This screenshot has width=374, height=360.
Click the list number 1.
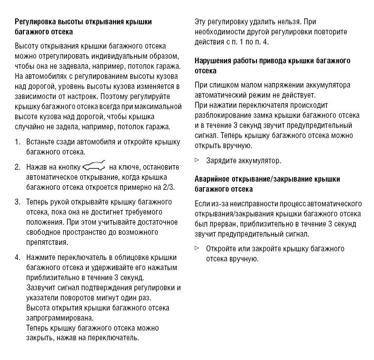17,142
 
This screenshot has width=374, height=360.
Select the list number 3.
17,202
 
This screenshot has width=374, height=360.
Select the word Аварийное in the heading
213,179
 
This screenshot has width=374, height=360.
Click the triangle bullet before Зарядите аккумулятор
197,160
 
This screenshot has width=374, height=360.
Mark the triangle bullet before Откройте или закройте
197,248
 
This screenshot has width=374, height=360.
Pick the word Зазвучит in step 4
40,288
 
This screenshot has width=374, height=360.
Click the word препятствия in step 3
47,243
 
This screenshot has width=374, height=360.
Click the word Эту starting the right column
201,22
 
